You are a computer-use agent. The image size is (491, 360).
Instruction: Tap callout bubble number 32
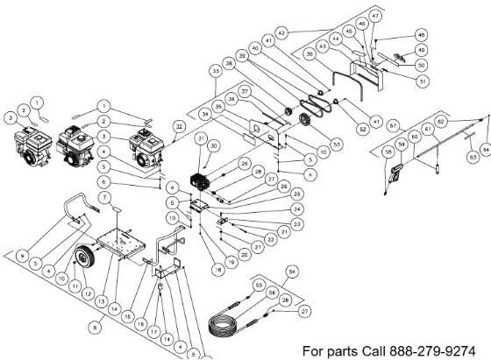tap(180, 127)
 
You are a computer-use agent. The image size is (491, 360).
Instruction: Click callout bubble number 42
tap(281, 32)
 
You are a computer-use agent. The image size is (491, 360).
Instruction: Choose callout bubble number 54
tap(293, 272)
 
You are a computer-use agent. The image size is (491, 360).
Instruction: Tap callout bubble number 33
tap(214, 69)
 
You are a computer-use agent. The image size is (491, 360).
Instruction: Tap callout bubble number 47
tap(375, 16)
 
